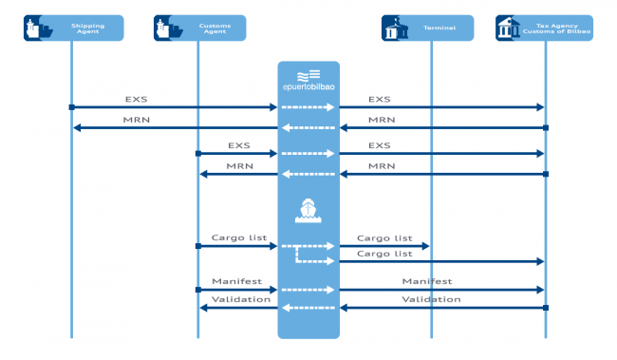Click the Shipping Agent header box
tap(73, 28)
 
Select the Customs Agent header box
tap(200, 28)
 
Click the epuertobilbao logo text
tap(308, 88)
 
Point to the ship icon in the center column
tap(308, 210)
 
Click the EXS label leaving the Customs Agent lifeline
tap(238, 145)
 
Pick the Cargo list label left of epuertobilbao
tap(238, 237)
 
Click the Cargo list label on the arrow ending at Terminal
tap(384, 237)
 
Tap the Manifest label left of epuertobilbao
tap(236, 281)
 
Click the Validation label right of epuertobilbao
tap(431, 299)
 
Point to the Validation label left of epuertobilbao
tap(240, 299)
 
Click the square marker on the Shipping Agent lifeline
tap(71, 107)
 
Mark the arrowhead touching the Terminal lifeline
tap(424, 246)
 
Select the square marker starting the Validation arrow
tap(546, 308)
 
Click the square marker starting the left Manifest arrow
tap(197, 290)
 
